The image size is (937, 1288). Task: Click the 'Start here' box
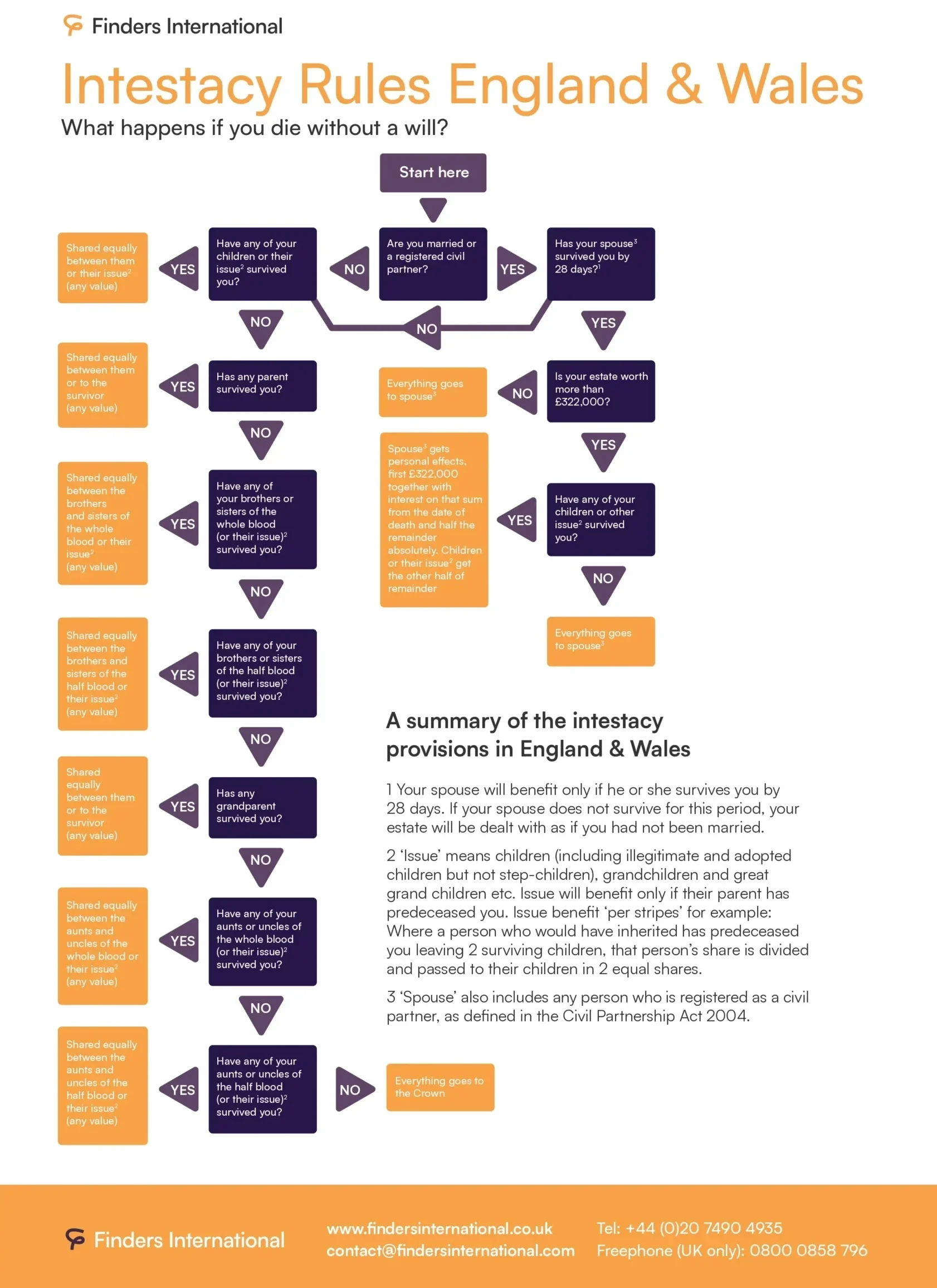(433, 173)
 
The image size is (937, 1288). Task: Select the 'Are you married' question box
(433, 264)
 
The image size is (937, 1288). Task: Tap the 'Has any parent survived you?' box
(263, 386)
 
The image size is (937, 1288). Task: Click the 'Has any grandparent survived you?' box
(263, 807)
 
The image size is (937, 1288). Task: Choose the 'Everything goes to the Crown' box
(441, 1087)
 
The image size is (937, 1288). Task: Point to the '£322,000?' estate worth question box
(601, 391)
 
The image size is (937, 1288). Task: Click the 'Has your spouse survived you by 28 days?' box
(601, 264)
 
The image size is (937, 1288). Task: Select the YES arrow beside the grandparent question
(180, 806)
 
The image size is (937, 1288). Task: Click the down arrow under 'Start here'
(433, 210)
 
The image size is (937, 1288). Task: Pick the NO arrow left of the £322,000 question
(519, 393)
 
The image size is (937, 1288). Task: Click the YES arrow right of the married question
(516, 269)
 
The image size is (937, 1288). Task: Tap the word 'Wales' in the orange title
(790, 85)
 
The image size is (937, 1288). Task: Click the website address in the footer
(440, 1228)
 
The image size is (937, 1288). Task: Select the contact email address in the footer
(451, 1251)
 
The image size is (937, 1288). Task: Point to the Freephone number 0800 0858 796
(809, 1250)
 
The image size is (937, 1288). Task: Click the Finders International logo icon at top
(73, 26)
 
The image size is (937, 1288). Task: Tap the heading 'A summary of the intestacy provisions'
(538, 734)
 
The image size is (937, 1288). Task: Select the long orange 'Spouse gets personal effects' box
(434, 520)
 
